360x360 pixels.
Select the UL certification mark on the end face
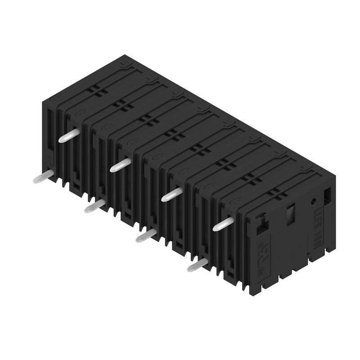(264, 259)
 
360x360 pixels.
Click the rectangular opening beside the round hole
(327, 194)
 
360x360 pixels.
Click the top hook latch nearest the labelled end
(306, 167)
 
